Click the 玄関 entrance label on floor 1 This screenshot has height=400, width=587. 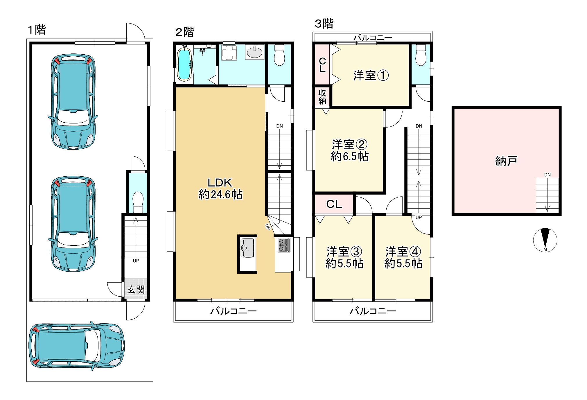[136, 290]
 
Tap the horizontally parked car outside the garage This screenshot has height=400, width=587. [77, 346]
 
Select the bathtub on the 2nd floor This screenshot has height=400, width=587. [184, 64]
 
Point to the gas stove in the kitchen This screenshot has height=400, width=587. [284, 245]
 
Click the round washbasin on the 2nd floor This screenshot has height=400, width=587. [255, 52]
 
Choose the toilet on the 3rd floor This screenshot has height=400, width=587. [421, 55]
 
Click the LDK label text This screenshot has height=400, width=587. [220, 182]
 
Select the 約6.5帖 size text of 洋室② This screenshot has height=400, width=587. [350, 157]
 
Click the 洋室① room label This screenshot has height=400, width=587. [371, 76]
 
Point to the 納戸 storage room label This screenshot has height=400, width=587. [506, 161]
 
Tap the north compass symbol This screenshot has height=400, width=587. [545, 240]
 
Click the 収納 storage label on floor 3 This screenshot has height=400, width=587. [322, 97]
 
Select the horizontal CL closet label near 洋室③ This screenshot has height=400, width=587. [334, 204]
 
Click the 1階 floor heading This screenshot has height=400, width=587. [37, 30]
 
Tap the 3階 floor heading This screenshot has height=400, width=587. [324, 24]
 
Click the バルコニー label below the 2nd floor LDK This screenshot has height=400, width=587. [234, 311]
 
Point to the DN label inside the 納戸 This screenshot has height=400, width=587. [547, 175]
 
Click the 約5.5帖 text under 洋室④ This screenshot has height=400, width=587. [403, 264]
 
